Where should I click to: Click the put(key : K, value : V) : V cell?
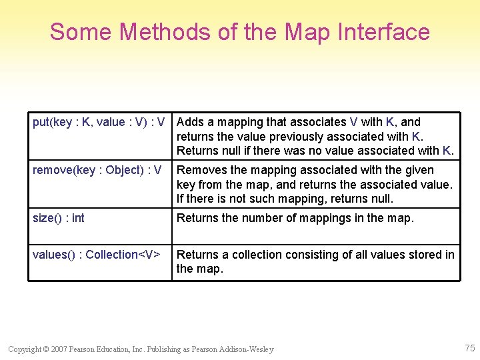tap(99, 122)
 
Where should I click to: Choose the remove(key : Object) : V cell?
tap(97, 170)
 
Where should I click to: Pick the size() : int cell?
tap(59, 218)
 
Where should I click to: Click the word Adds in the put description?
tap(191, 122)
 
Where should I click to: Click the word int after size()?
tap(78, 218)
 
